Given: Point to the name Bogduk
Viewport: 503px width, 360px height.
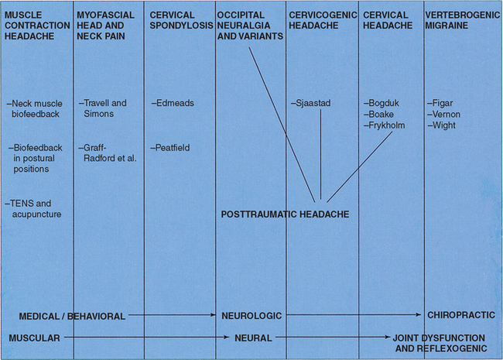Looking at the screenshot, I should coord(383,103).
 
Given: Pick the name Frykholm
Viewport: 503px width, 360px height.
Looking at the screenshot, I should coord(387,125).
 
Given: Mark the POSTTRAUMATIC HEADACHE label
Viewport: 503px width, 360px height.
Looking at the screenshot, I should coord(284,214).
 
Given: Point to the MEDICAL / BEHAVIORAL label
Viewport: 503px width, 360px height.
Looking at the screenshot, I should coord(71,316).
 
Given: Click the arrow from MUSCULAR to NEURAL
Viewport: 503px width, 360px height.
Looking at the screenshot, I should coord(147,338).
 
